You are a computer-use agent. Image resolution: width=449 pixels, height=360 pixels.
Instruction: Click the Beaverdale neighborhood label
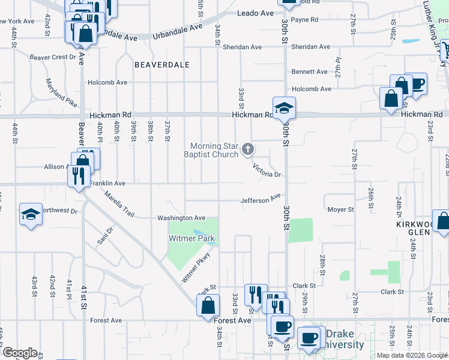click(x=162, y=64)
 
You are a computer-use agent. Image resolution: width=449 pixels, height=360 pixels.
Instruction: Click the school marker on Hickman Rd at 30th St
click(x=284, y=108)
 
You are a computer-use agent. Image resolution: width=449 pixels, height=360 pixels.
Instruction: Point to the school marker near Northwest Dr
click(x=30, y=214)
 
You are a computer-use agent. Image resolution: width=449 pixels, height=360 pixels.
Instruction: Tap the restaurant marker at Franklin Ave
click(x=78, y=176)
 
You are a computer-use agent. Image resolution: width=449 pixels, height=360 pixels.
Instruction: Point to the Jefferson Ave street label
click(x=261, y=199)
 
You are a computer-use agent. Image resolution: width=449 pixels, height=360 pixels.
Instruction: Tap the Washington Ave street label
click(x=181, y=218)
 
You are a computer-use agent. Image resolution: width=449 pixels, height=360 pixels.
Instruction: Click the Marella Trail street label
click(x=118, y=204)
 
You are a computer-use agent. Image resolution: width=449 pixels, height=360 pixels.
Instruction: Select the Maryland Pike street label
click(x=61, y=92)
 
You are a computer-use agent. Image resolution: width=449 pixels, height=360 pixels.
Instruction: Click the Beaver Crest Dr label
click(x=53, y=57)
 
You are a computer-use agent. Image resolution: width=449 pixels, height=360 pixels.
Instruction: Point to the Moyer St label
click(x=340, y=209)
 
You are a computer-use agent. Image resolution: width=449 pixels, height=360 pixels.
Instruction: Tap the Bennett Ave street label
click(x=309, y=71)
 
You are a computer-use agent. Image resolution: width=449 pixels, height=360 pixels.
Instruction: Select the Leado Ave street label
click(x=255, y=13)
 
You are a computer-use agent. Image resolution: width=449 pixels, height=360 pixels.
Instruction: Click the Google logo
click(x=20, y=353)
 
